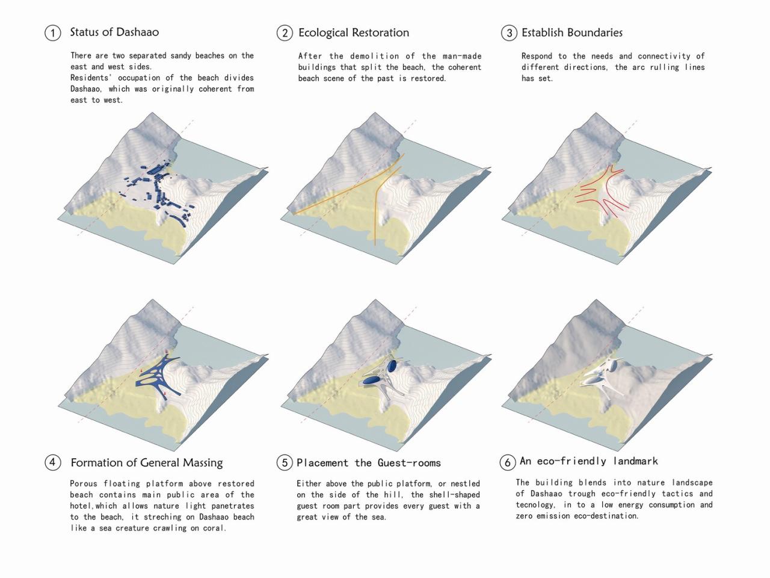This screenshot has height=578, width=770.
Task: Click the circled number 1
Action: tap(52, 33)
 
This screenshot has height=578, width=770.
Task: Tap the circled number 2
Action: tap(285, 33)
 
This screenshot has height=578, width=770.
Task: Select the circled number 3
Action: tap(509, 33)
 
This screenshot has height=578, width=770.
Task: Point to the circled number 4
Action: tap(52, 462)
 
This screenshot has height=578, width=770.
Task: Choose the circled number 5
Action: tap(285, 462)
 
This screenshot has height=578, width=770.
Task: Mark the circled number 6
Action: tap(508, 462)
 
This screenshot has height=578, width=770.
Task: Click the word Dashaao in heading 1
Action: tap(137, 32)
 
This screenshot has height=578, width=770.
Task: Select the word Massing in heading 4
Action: tap(203, 463)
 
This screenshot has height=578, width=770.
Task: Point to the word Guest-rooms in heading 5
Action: tap(409, 463)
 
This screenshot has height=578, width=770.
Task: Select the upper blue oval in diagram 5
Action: tap(392, 365)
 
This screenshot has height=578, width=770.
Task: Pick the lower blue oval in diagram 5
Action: tap(371, 380)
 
